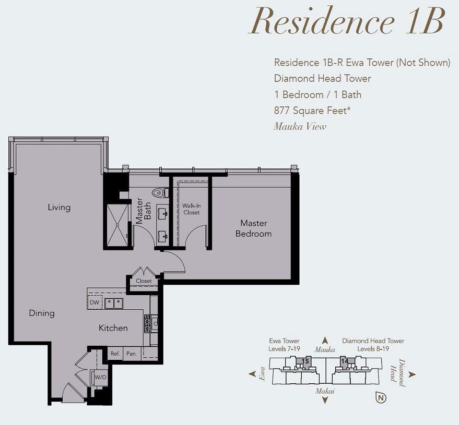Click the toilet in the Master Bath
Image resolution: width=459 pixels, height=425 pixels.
click(160, 192)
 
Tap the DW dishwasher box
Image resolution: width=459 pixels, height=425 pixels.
click(95, 302)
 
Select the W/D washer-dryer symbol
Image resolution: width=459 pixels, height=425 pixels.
click(100, 378)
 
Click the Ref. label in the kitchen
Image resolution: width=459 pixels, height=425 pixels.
click(115, 354)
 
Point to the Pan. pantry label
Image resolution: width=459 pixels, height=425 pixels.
click(132, 354)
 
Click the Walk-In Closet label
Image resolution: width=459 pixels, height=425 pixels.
click(192, 209)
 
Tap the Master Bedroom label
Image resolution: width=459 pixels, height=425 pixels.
click(253, 228)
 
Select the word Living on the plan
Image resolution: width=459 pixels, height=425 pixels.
click(59, 208)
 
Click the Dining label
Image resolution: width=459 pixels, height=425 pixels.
click(42, 313)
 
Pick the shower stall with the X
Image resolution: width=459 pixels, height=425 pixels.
click(117, 225)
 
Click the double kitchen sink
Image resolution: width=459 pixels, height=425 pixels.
click(114, 303)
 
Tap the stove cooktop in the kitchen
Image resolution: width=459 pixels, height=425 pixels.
click(147, 323)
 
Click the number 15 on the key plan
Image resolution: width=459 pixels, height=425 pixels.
click(305, 361)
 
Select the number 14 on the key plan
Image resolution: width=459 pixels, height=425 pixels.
click(345, 361)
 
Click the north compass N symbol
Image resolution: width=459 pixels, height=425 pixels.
click(381, 397)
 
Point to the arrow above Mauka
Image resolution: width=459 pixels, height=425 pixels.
click(325, 340)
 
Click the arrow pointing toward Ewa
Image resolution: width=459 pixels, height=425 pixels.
click(252, 373)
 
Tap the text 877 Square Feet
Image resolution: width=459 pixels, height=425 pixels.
click(312, 111)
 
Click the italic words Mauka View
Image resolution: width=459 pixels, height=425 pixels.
click(300, 126)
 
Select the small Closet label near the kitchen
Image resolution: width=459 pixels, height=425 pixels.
click(144, 281)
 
